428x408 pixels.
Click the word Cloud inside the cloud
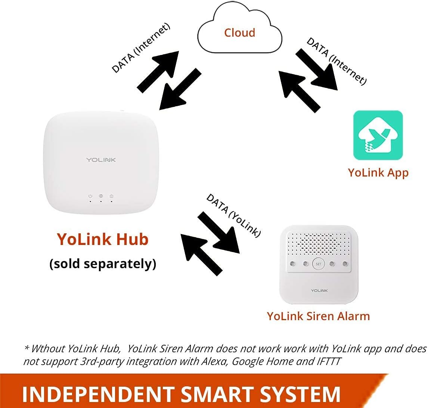(239, 33)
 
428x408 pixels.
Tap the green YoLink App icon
(378, 135)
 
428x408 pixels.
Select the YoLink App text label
(378, 172)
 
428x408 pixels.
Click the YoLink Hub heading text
(102, 239)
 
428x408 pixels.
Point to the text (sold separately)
(102, 264)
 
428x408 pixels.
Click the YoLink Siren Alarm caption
(318, 316)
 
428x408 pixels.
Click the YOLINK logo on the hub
(101, 160)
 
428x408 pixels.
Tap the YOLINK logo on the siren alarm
(319, 290)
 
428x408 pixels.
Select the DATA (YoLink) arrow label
(233, 215)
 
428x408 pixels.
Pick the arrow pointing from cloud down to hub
(178, 89)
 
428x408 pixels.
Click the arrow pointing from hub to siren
(218, 232)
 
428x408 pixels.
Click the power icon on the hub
(90, 196)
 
